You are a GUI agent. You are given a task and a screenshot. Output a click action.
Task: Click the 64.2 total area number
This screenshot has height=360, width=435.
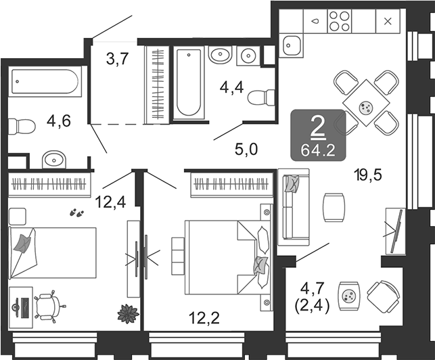coord(318,151)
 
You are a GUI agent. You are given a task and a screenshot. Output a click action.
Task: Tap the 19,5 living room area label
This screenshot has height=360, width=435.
coord(368,175)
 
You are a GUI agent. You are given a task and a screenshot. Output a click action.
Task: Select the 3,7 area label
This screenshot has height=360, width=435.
coord(117,59)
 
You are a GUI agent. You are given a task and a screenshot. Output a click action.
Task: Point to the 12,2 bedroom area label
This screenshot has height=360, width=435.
coord(204,318)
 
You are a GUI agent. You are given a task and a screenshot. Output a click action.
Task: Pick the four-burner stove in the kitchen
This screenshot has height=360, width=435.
coord(340,21)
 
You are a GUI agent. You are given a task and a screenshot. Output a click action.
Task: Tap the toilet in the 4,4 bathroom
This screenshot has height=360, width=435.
coord(260,97)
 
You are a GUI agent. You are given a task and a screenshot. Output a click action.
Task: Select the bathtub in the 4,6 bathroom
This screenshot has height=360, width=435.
coord(45,81)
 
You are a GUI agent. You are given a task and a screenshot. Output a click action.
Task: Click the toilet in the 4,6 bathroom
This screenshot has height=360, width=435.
coord(22,127)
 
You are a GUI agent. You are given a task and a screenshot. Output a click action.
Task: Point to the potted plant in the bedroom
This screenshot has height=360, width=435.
coord(128,314)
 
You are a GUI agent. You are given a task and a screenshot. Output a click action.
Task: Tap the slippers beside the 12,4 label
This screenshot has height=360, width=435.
coord(76,212)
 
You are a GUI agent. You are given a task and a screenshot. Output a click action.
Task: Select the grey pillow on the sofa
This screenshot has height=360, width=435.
coord(292,183)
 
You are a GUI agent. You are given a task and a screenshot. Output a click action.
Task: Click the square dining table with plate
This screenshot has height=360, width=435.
coord(366,103)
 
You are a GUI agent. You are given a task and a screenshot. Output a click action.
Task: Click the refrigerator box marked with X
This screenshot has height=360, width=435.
coord(388,21)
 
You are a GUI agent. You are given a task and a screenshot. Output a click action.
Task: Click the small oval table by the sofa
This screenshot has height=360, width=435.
coord(334,207)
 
